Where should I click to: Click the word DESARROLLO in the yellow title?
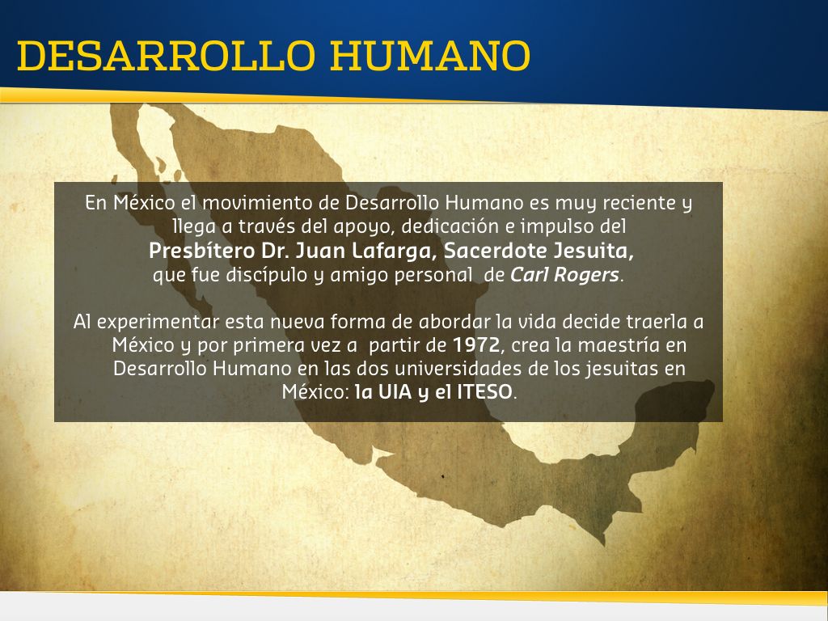pyautogui.click(x=166, y=56)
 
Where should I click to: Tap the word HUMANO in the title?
pyautogui.click(x=430, y=56)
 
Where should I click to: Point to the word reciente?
pyautogui.click(x=639, y=203)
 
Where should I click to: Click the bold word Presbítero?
pyautogui.click(x=201, y=251)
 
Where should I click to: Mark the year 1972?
pyautogui.click(x=476, y=345)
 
